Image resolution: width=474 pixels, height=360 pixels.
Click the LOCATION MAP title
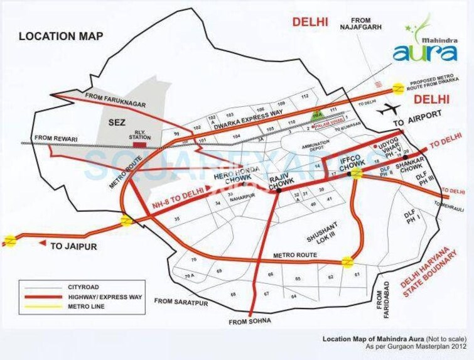coord(60,35)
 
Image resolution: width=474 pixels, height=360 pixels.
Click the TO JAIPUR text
coord(73,246)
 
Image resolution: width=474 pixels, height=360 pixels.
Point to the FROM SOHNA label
coord(251,322)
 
